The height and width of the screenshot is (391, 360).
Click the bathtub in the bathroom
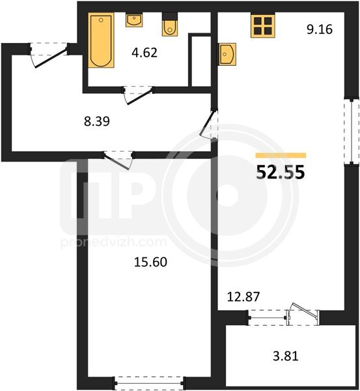(101, 40)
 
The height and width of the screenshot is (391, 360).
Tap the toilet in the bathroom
(170, 25)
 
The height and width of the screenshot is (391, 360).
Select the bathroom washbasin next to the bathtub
(134, 20)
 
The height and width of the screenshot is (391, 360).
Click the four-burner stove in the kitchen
(263, 25)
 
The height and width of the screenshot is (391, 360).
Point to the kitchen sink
(227, 54)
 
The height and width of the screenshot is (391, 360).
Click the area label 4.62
(145, 53)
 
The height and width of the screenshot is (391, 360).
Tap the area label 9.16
(320, 29)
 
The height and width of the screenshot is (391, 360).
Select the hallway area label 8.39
(96, 122)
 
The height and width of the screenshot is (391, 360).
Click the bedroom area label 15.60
(150, 262)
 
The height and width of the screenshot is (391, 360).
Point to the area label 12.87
(243, 297)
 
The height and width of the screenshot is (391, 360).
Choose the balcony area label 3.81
(286, 356)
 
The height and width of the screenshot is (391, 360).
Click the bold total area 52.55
(281, 172)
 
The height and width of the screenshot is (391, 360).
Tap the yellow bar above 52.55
(281, 155)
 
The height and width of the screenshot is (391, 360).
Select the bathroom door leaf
(139, 96)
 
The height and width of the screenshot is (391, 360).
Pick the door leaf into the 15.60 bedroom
(116, 162)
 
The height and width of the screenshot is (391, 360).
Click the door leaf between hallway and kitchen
(207, 123)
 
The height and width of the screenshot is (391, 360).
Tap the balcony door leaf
(305, 309)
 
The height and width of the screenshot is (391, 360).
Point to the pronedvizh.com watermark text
(114, 242)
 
